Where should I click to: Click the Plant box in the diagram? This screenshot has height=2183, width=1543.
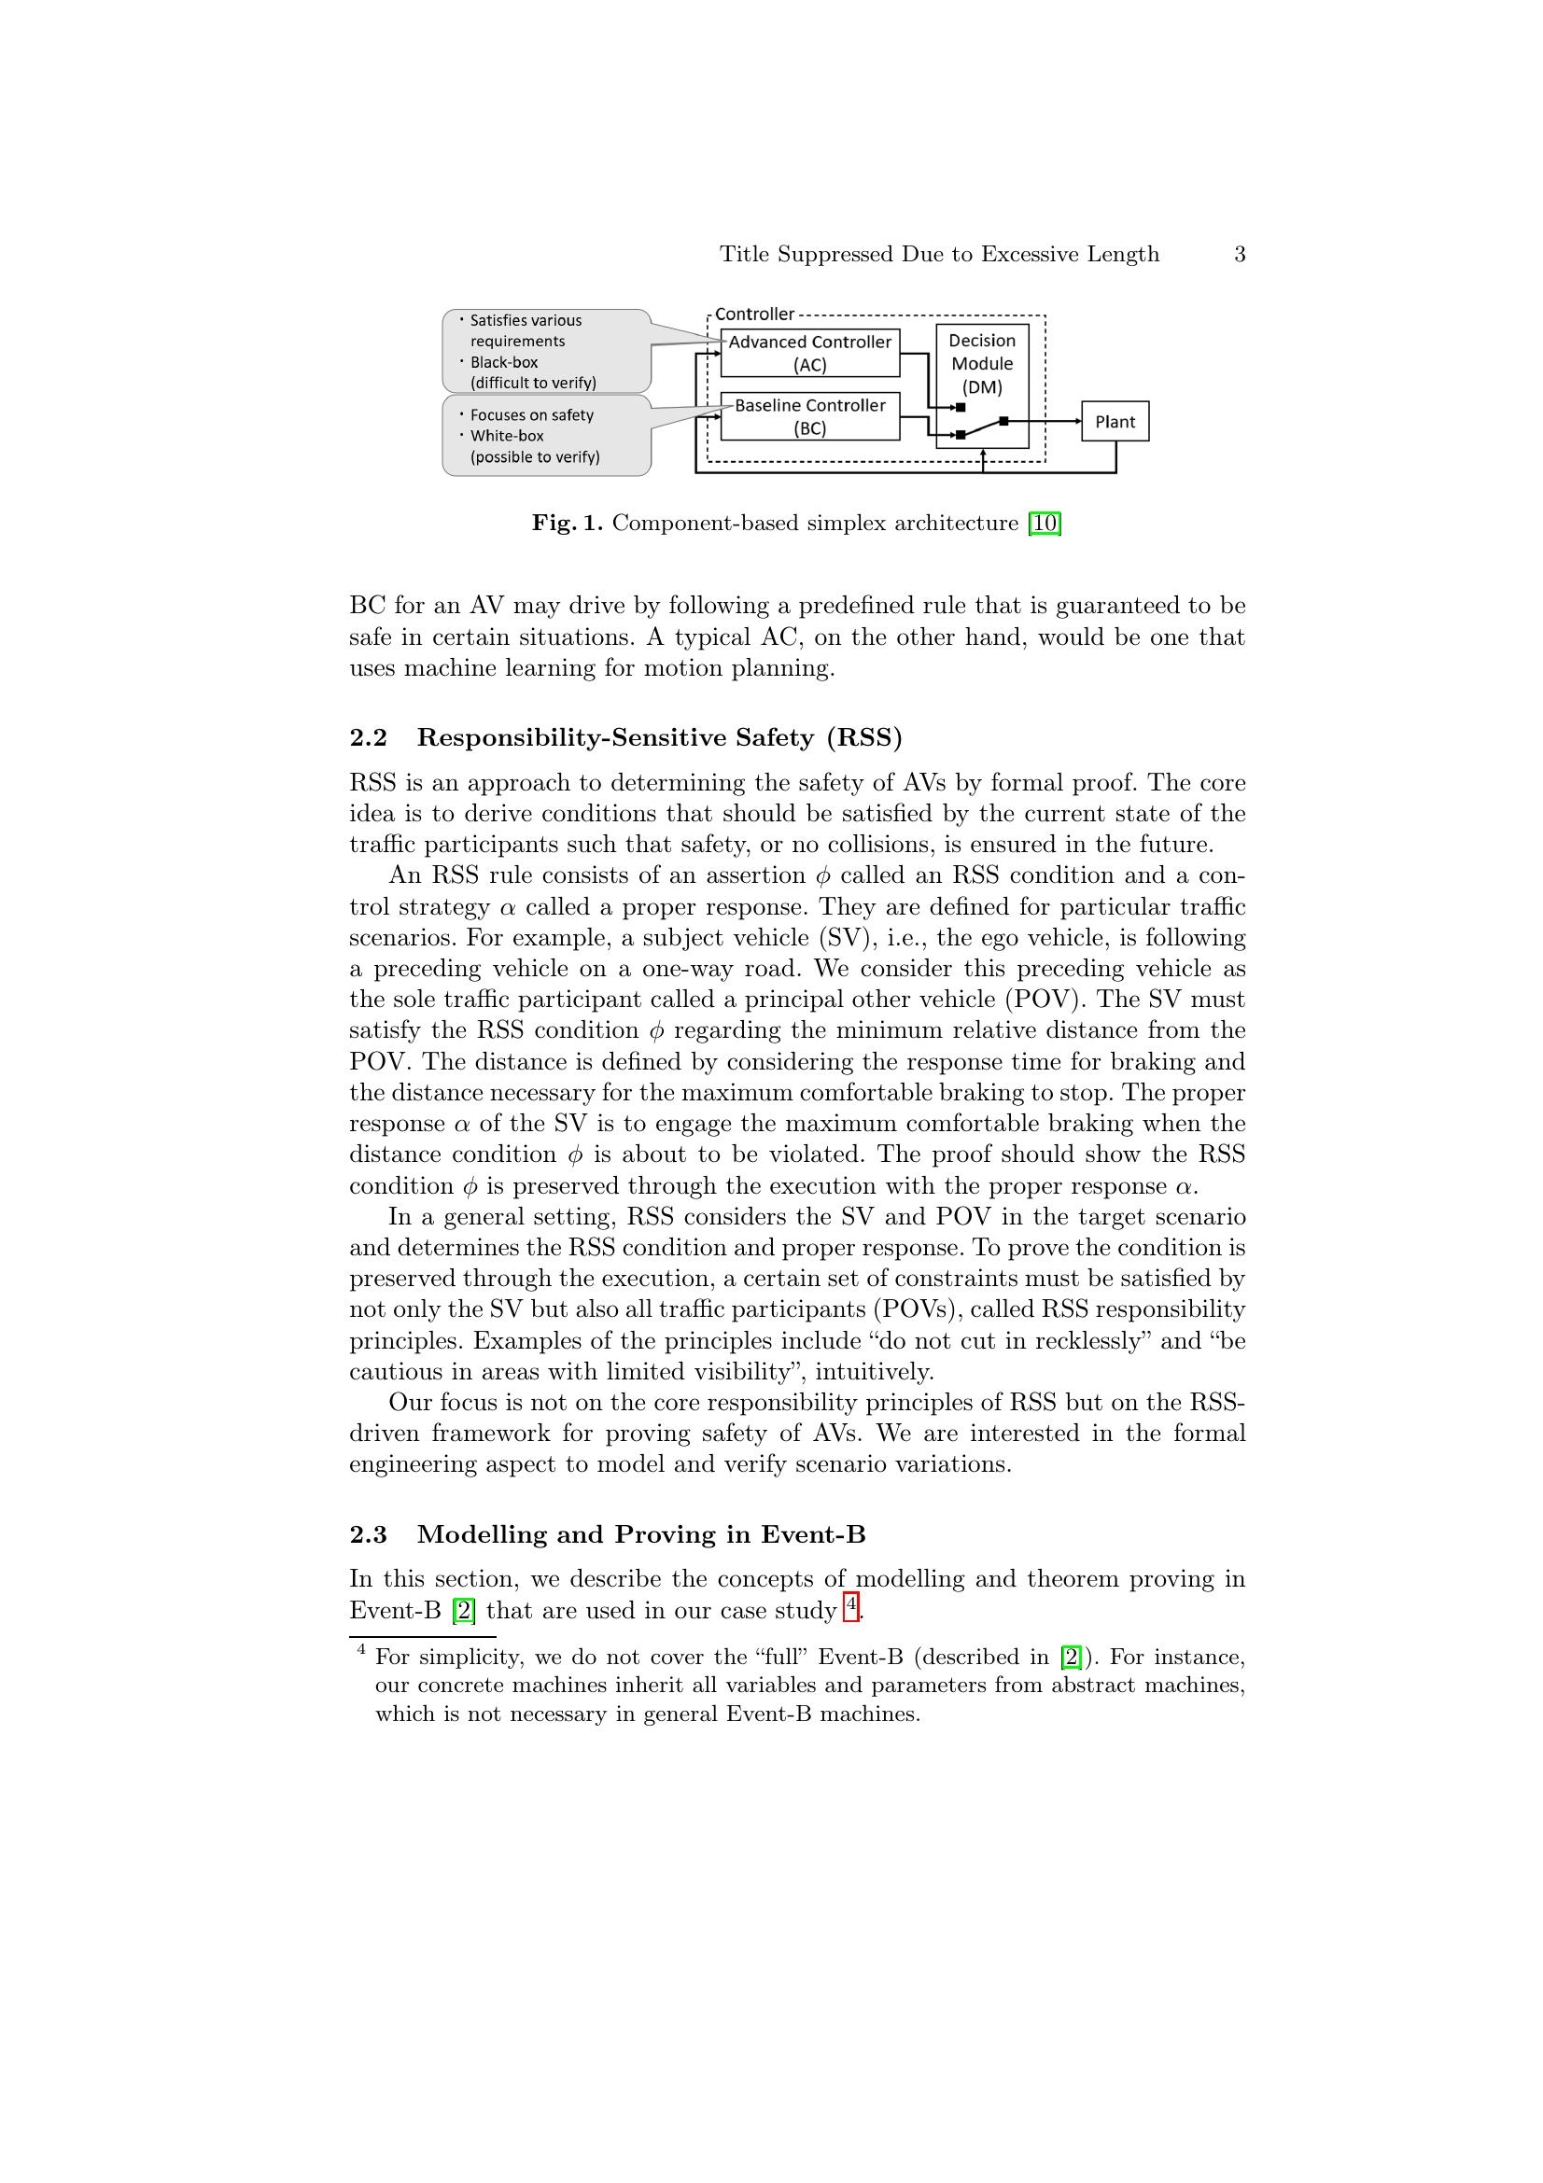1115,421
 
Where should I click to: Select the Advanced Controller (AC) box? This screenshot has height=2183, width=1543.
810,353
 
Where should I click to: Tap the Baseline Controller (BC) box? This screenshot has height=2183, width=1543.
810,416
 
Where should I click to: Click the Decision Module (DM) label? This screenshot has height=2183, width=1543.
982,363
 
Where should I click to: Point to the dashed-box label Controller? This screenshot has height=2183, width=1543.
754,314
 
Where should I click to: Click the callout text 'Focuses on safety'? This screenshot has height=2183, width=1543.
531,414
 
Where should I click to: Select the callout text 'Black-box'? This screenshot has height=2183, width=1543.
504,362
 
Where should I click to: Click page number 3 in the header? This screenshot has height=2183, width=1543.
1239,254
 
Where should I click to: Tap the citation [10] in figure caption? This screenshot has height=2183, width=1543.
1045,523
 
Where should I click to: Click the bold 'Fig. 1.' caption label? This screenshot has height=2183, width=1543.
567,523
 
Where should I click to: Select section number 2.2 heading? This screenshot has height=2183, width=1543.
368,738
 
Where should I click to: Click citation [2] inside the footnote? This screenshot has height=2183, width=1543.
1071,1658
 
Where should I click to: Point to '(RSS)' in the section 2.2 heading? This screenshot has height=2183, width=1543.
863,738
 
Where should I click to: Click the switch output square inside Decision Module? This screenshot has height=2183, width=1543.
1004,421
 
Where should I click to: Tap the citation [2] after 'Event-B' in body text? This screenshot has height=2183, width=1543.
464,1611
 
